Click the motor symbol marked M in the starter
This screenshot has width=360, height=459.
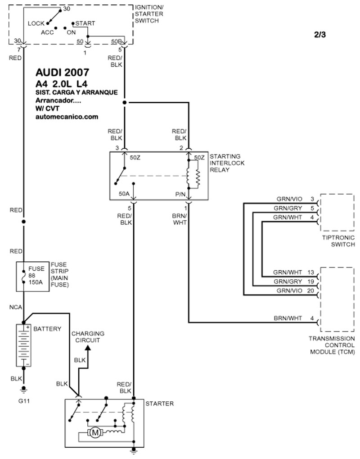point(95,433)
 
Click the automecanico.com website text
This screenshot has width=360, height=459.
point(67,117)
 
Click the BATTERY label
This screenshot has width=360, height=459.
point(47,329)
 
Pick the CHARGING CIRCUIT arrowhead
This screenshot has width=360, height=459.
point(87,349)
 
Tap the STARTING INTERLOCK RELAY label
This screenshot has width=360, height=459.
point(227,163)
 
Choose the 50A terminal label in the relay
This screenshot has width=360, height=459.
point(124,194)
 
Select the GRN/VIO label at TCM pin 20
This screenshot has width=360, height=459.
point(289,291)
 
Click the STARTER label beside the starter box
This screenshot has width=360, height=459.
point(159,404)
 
